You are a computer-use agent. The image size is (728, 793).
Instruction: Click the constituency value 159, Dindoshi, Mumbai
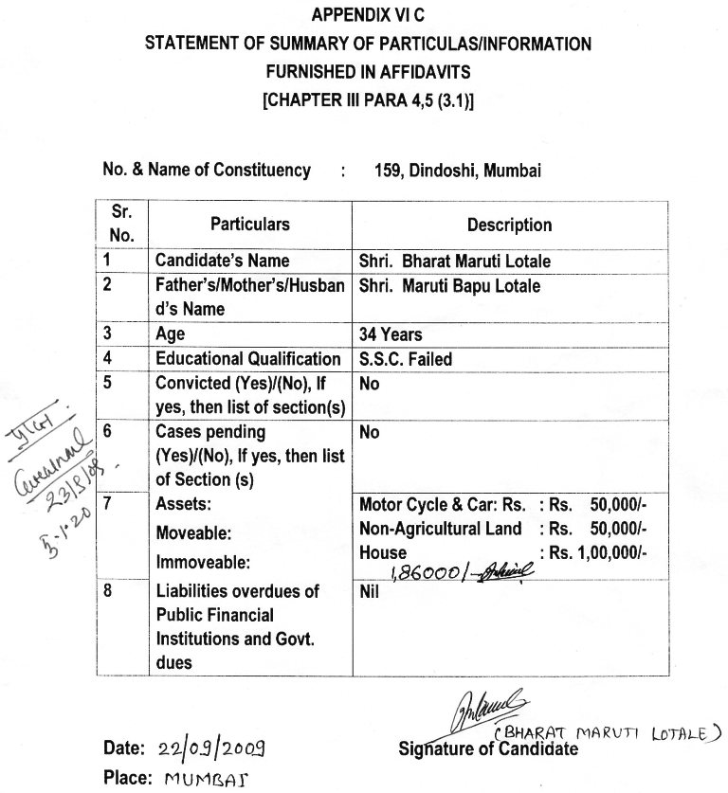458,171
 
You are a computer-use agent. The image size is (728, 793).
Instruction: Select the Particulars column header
249,225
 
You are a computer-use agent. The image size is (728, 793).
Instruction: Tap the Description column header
509,225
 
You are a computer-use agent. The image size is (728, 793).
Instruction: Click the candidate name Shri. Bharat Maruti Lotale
455,261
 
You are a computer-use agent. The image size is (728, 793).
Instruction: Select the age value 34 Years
391,334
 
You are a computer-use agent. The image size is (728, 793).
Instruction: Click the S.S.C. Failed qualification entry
406,359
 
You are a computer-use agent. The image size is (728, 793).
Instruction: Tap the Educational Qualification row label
247,359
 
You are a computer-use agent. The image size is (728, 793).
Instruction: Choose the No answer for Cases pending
370,432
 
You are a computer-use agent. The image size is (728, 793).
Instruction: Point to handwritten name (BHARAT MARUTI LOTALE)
607,731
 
